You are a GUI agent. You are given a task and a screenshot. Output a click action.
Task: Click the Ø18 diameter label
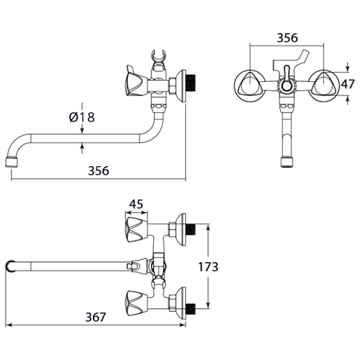(82, 117)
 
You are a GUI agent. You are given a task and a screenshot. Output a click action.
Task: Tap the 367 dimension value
(96, 317)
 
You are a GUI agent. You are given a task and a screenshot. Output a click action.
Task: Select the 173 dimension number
(208, 266)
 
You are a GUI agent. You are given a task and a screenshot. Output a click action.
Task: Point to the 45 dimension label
(136, 204)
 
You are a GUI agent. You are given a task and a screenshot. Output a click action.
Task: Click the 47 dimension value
(348, 84)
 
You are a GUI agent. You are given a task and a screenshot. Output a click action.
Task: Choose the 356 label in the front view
(287, 38)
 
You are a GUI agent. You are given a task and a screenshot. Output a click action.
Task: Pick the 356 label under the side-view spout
(99, 171)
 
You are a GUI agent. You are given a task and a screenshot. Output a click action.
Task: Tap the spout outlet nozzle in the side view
(12, 161)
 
